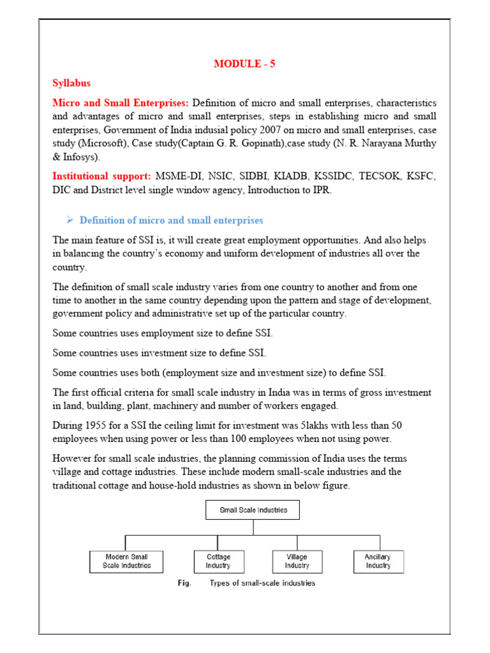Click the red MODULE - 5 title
pos(244,64)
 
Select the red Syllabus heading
pos(71,84)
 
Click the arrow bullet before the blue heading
pos(70,220)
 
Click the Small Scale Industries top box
pos(253,510)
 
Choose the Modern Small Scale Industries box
pos(126,561)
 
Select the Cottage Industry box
pos(218,561)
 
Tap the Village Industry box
pos(297,561)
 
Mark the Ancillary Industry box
pos(378,561)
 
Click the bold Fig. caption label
pos(184,583)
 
